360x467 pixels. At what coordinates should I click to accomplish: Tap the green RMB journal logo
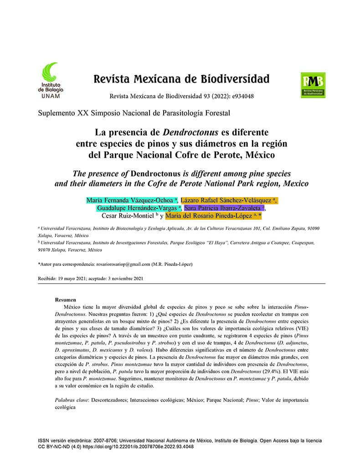coord(313,85)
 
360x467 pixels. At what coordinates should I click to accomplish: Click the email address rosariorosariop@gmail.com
coord(123,264)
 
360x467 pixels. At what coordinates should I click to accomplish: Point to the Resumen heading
coord(65,300)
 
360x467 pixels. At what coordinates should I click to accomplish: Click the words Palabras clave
coord(72,400)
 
